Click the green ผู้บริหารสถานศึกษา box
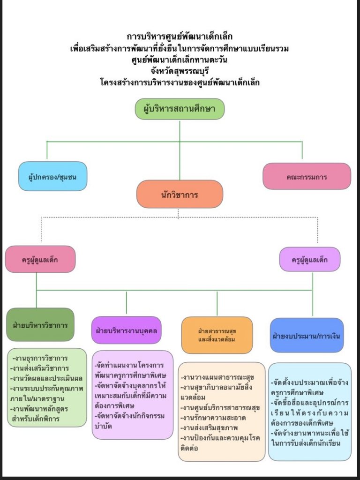[x=180, y=109]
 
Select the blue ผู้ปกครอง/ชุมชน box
[x=52, y=177]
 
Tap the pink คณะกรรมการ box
[x=307, y=177]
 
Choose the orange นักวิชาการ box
[x=180, y=194]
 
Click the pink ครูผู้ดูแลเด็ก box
[x=40, y=259]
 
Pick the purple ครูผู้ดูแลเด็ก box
[x=309, y=259]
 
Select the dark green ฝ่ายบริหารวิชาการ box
[x=40, y=324]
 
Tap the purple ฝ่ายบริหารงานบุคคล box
[x=126, y=330]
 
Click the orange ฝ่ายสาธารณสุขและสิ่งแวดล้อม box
[x=217, y=335]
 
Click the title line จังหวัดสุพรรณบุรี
[x=180, y=71]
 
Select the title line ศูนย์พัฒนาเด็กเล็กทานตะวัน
[x=180, y=60]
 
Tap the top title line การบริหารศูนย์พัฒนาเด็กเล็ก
[x=180, y=37]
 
